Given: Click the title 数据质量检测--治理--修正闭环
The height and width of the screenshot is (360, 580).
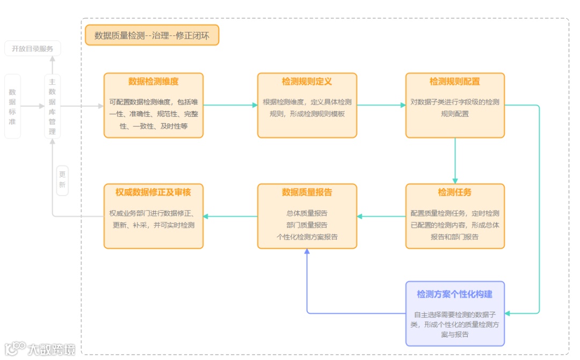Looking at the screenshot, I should (x=152, y=35).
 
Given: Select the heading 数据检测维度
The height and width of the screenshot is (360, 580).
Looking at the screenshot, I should (x=153, y=82).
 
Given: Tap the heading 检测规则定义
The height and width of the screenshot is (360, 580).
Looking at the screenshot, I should (x=307, y=82).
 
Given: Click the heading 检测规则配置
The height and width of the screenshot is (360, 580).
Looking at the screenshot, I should (x=455, y=82).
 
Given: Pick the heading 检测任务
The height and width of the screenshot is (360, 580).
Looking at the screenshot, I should (x=455, y=192).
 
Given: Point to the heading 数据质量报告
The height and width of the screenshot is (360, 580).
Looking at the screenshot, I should (x=307, y=192).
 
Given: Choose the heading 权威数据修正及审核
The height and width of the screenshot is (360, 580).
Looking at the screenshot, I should (x=153, y=192).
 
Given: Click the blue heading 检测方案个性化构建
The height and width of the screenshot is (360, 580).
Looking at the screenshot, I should (x=455, y=294).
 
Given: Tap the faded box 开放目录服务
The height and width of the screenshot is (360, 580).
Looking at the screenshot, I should (x=33, y=49).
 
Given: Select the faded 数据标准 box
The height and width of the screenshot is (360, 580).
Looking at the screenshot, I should (x=12, y=106).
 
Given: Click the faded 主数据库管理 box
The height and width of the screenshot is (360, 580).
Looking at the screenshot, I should (x=52, y=106).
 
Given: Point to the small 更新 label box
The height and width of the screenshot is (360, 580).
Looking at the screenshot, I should (x=62, y=180).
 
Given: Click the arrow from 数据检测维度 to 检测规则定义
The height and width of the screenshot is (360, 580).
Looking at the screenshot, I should (x=230, y=105).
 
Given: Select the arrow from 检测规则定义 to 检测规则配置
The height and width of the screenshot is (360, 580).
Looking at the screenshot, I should (x=381, y=105).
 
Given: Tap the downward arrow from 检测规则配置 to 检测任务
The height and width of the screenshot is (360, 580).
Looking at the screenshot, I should (x=455, y=161).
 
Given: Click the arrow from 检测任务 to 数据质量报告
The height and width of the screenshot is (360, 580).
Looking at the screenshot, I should (x=381, y=217).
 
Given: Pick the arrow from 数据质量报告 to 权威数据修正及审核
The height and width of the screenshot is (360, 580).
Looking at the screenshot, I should (x=230, y=217).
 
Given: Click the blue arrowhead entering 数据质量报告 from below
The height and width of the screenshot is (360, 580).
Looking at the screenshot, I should (x=307, y=252).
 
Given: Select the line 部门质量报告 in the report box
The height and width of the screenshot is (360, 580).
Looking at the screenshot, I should (x=307, y=225).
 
